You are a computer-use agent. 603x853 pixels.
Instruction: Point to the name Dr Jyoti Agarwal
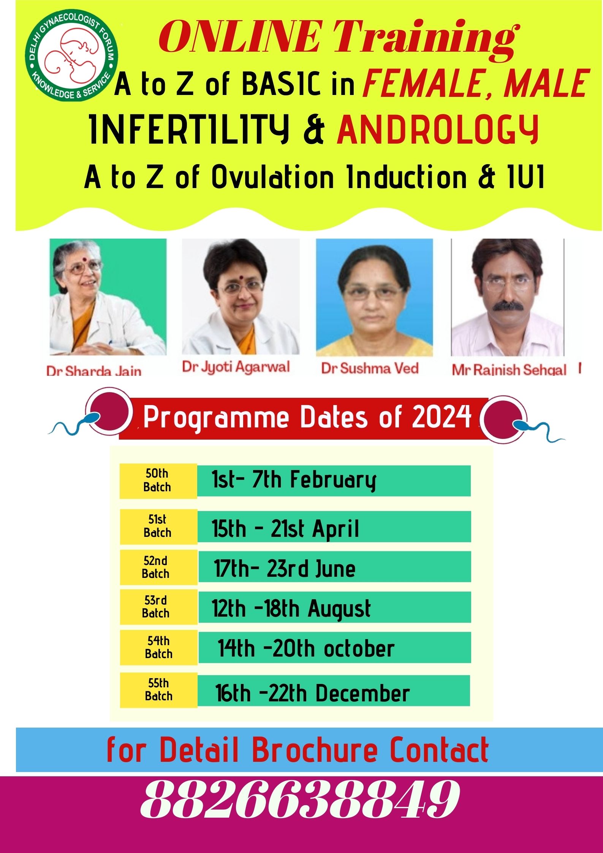tap(236, 367)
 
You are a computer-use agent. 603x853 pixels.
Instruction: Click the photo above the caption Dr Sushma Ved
tap(374, 297)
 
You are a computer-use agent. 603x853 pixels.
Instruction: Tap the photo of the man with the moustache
tap(507, 297)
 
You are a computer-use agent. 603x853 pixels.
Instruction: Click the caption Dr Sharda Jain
tap(94, 370)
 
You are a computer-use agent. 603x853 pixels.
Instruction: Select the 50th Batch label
tap(158, 480)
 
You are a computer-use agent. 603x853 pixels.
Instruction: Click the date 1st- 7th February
tap(294, 480)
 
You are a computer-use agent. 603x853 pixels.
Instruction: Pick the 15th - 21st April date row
tap(334, 527)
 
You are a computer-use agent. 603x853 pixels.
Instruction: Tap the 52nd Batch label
tap(158, 567)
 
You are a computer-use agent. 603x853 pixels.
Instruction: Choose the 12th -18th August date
tap(291, 609)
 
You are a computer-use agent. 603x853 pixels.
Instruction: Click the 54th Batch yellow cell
tap(159, 648)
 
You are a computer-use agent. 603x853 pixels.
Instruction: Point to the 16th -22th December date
tap(312, 692)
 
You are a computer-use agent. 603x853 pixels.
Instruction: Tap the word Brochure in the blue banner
tap(315, 749)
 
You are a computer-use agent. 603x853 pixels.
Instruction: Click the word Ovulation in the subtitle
tap(272, 177)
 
